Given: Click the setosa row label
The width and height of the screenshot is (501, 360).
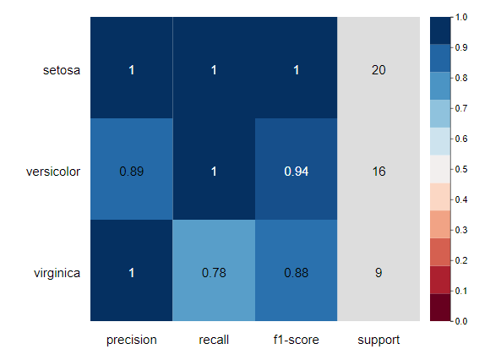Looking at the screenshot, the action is pyautogui.click(x=62, y=70).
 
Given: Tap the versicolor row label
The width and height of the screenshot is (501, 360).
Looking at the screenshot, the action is pyautogui.click(x=53, y=172).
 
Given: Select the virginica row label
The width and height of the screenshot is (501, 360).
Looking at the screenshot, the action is pyautogui.click(x=57, y=273).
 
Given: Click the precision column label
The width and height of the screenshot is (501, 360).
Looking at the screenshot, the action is pyautogui.click(x=131, y=340).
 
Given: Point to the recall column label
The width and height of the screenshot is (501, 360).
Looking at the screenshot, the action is pyautogui.click(x=214, y=340).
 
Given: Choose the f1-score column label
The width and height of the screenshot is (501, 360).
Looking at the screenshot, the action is pyautogui.click(x=297, y=340).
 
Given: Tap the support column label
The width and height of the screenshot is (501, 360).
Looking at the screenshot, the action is pyautogui.click(x=378, y=341).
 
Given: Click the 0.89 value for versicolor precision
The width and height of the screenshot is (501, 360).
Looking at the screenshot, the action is pyautogui.click(x=131, y=172).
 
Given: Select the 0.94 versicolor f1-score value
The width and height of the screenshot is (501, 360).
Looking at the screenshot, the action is pyautogui.click(x=297, y=172).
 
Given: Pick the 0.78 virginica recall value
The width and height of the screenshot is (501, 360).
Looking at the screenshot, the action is pyautogui.click(x=214, y=273).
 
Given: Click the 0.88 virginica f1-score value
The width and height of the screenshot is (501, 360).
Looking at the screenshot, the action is pyautogui.click(x=297, y=273).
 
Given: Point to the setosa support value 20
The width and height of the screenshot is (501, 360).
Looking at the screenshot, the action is pyautogui.click(x=378, y=70).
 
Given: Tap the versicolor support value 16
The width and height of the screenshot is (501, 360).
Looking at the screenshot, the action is pyautogui.click(x=378, y=172).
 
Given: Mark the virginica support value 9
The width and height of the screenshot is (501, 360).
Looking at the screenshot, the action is pyautogui.click(x=378, y=273).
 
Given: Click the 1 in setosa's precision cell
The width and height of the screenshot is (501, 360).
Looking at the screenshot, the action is pyautogui.click(x=131, y=70).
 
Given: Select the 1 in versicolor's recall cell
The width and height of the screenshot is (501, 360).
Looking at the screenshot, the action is pyautogui.click(x=214, y=172).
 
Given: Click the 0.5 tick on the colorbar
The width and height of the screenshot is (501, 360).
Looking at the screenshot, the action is pyautogui.click(x=461, y=169).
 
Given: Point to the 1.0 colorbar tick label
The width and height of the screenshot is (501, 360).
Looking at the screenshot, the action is pyautogui.click(x=461, y=17).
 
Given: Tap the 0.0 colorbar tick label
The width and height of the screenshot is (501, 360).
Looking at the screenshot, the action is pyautogui.click(x=461, y=321).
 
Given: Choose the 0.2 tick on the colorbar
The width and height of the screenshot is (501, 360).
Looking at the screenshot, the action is pyautogui.click(x=461, y=260).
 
